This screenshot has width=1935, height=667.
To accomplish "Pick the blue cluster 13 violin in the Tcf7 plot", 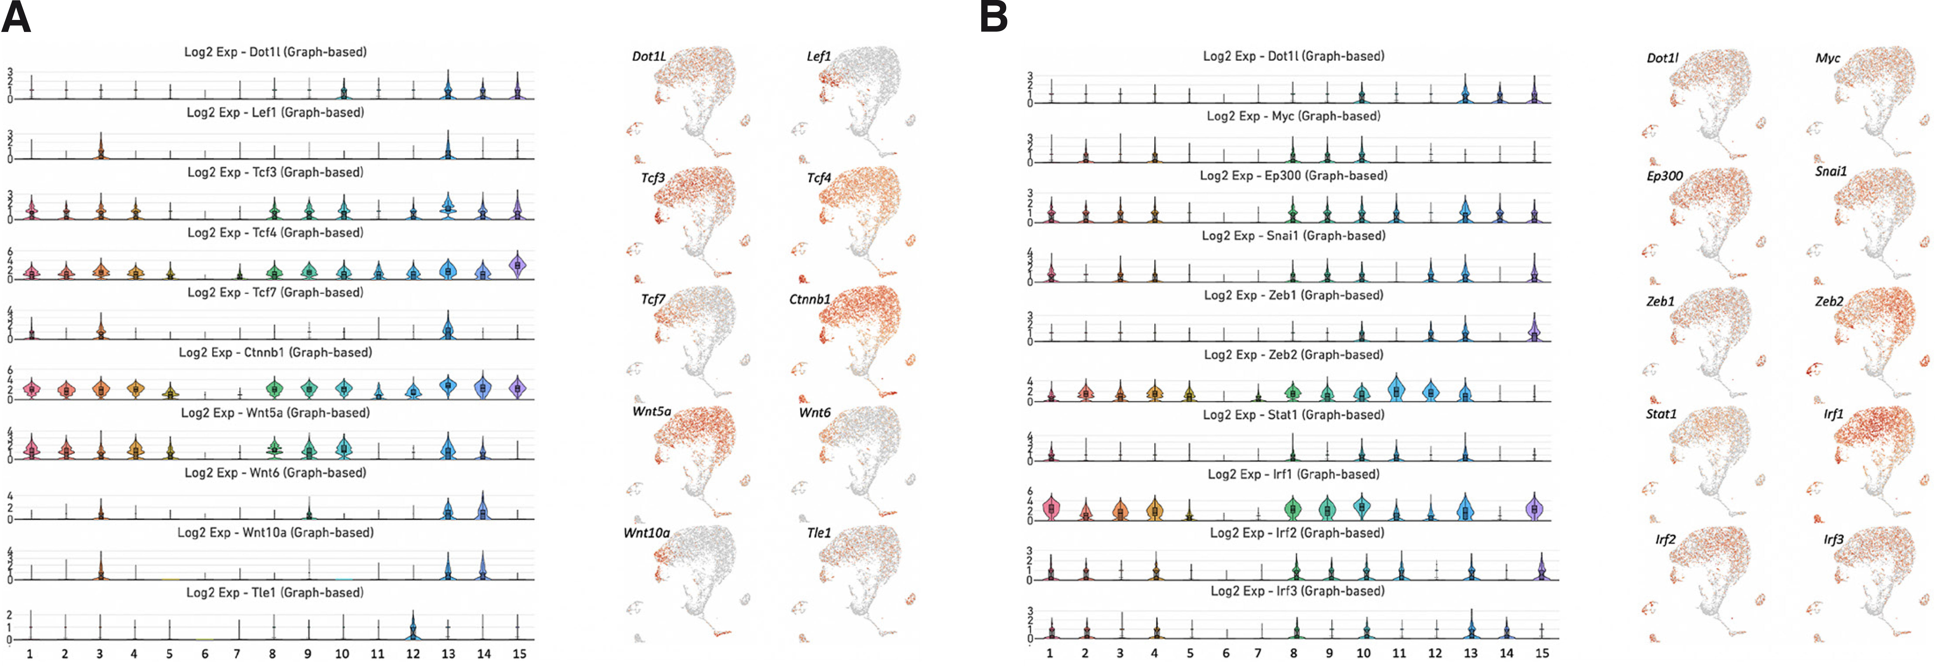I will pyautogui.click(x=448, y=328).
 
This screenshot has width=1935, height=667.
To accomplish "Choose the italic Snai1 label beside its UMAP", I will pyautogui.click(x=1831, y=171).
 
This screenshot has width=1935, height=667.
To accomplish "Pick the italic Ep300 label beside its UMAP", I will pyautogui.click(x=1665, y=176).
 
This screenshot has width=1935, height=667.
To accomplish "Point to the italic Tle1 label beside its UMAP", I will pyautogui.click(x=819, y=532).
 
